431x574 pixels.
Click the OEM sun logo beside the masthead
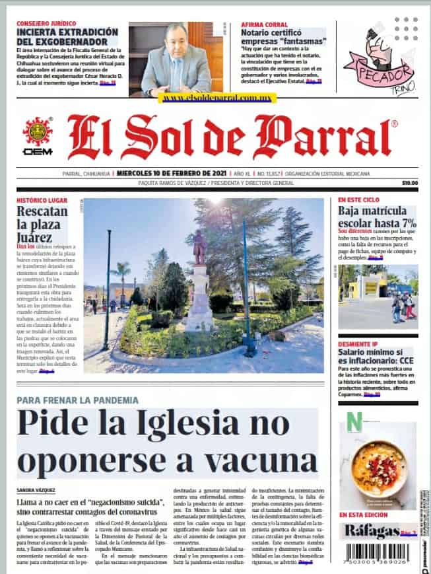pyautogui.click(x=38, y=131)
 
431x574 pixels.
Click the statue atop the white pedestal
pyautogui.click(x=199, y=246)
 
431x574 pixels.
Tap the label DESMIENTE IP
pyautogui.click(x=358, y=345)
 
